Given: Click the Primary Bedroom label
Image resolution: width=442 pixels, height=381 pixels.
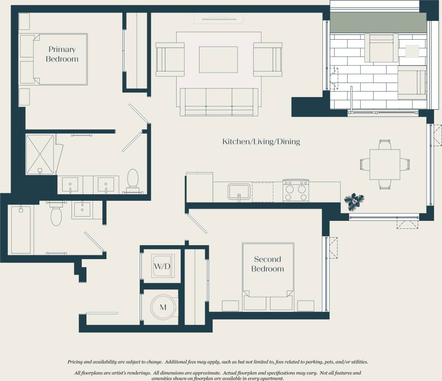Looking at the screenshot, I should point(62,54).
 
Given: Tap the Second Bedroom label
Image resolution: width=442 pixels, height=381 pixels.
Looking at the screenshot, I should point(267,264).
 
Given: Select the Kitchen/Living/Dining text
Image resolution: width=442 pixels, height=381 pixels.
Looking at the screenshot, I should point(261,141).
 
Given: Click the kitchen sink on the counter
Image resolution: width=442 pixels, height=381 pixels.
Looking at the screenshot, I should point(239,191).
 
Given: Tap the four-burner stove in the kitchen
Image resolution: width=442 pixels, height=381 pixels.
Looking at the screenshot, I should point(296,191).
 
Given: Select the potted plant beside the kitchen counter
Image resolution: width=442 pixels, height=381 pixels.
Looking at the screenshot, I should point(354,202).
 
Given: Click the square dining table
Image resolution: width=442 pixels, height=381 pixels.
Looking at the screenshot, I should point(385,164).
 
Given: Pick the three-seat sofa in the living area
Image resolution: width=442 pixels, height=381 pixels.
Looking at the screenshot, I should point(219,102).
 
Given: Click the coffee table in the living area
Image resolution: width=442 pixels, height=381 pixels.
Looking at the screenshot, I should point(218,59).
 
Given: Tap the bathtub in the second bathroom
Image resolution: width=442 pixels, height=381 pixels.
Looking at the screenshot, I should point(21,229).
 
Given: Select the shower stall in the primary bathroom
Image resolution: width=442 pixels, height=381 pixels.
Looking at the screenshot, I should point(40,155).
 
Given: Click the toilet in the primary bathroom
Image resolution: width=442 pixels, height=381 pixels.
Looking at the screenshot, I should point(133,181).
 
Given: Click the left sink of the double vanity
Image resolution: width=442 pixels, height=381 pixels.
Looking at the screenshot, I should point(71,184).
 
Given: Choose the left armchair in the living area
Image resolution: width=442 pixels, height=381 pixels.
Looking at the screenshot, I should point(170,59).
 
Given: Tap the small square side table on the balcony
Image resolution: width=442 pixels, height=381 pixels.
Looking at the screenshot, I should point(412,50).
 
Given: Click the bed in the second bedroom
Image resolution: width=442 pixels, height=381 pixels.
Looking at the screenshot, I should point(268,275).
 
